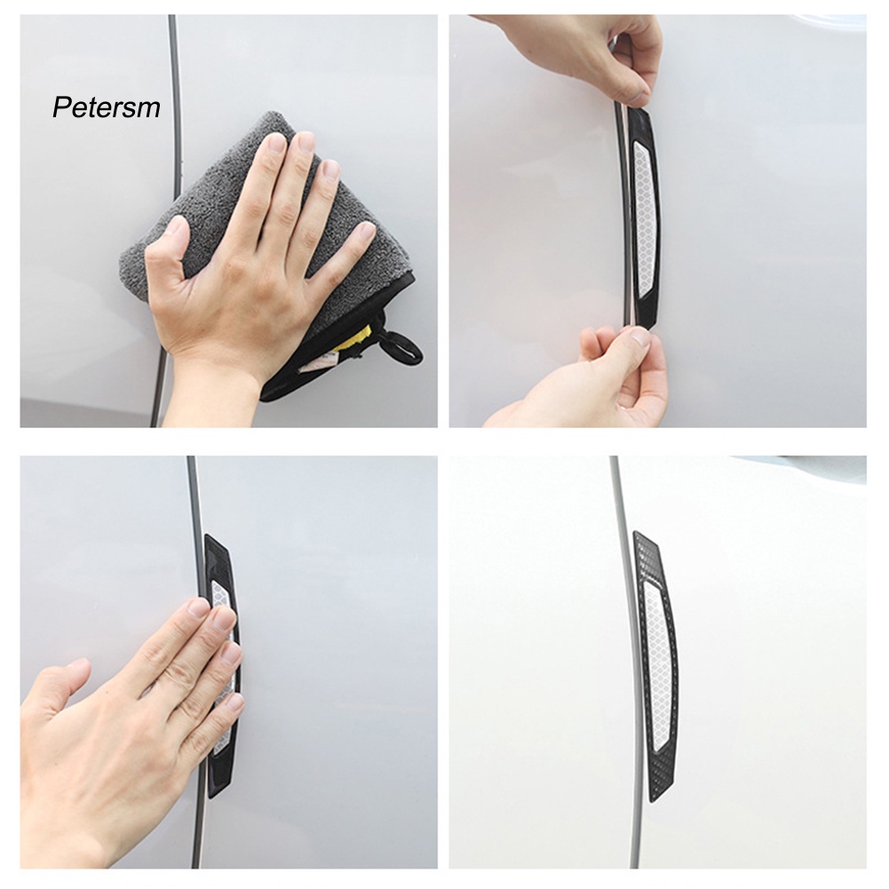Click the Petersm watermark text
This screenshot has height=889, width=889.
coord(106,108)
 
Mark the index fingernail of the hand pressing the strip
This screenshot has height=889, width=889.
coord(197,609)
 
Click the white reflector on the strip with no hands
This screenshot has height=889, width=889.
coord(655,675)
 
